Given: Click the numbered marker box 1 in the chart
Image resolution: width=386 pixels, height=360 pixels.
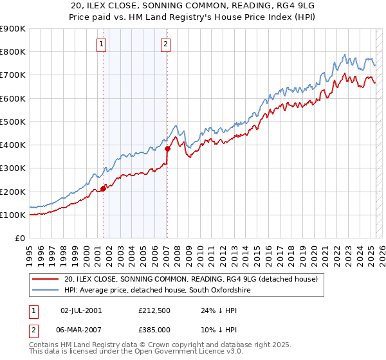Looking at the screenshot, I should (x=102, y=44).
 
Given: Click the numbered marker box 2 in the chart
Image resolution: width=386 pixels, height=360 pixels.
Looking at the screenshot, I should (x=166, y=44).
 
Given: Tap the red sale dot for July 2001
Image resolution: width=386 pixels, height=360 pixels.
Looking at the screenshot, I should (x=103, y=189).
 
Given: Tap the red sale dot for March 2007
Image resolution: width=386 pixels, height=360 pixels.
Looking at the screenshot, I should (x=167, y=148).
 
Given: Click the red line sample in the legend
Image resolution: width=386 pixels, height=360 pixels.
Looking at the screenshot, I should (x=45, y=280).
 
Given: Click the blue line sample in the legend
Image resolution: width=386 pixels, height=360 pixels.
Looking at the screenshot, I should (x=45, y=291).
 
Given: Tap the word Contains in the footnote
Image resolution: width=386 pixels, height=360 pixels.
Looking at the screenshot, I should (x=46, y=345).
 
